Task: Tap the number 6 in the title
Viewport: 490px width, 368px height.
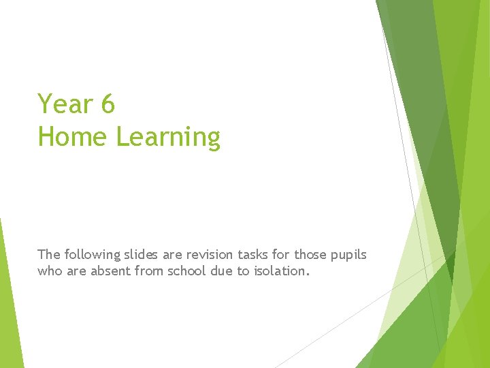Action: pos(108,104)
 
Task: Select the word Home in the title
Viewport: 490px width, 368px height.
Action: pos(73,136)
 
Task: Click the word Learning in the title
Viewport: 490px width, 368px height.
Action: pos(168,138)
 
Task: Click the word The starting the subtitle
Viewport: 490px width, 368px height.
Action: pos(49,255)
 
